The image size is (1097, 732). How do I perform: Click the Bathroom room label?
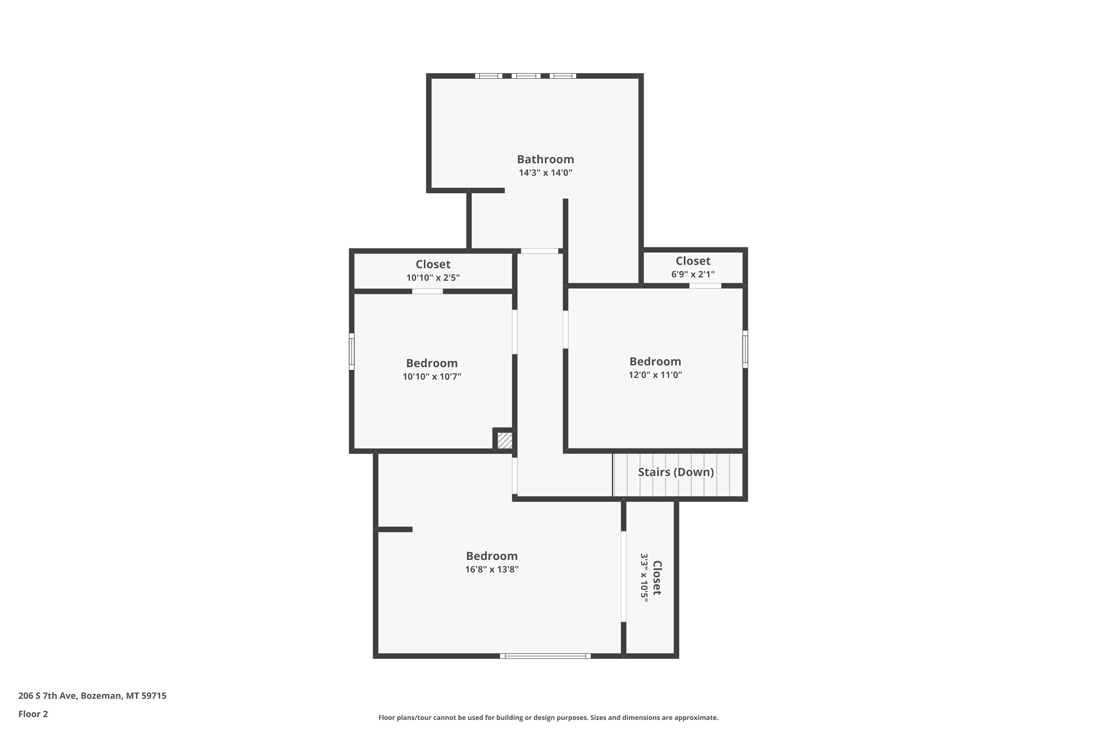[545, 159]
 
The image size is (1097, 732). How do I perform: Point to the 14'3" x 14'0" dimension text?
[545, 173]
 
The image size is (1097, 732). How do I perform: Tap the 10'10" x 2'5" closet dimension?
[433, 278]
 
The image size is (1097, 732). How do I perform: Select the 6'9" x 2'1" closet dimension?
[693, 274]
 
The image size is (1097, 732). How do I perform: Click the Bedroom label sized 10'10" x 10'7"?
[431, 363]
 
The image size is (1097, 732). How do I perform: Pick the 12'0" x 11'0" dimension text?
[655, 375]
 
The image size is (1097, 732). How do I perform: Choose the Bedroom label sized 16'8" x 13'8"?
[491, 556]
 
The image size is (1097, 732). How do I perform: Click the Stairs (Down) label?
[676, 472]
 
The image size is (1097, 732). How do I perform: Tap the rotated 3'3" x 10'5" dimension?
[644, 578]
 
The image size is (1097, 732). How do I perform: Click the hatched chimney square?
[505, 440]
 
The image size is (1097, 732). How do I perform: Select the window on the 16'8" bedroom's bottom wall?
[545, 656]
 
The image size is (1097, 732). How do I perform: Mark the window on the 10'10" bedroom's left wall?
[352, 351]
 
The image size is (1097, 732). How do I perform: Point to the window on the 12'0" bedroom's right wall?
[745, 349]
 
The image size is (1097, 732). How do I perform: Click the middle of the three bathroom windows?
[526, 76]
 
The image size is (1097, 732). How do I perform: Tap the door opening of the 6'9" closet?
[705, 286]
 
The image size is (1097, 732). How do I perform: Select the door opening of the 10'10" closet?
[427, 291]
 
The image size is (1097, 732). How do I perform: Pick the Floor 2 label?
[33, 714]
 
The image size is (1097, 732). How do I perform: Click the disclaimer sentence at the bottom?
[548, 717]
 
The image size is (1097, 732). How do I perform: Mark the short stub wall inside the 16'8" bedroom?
[395, 529]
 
